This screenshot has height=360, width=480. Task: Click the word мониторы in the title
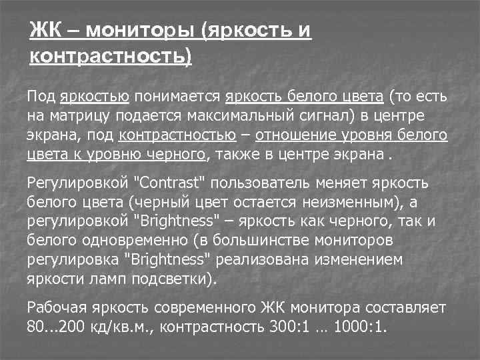click(x=141, y=30)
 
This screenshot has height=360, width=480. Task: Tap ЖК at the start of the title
click(x=45, y=30)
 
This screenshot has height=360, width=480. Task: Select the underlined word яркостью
click(x=94, y=97)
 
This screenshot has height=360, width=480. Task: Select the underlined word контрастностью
click(x=177, y=137)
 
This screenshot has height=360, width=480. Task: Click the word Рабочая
click(x=57, y=307)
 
